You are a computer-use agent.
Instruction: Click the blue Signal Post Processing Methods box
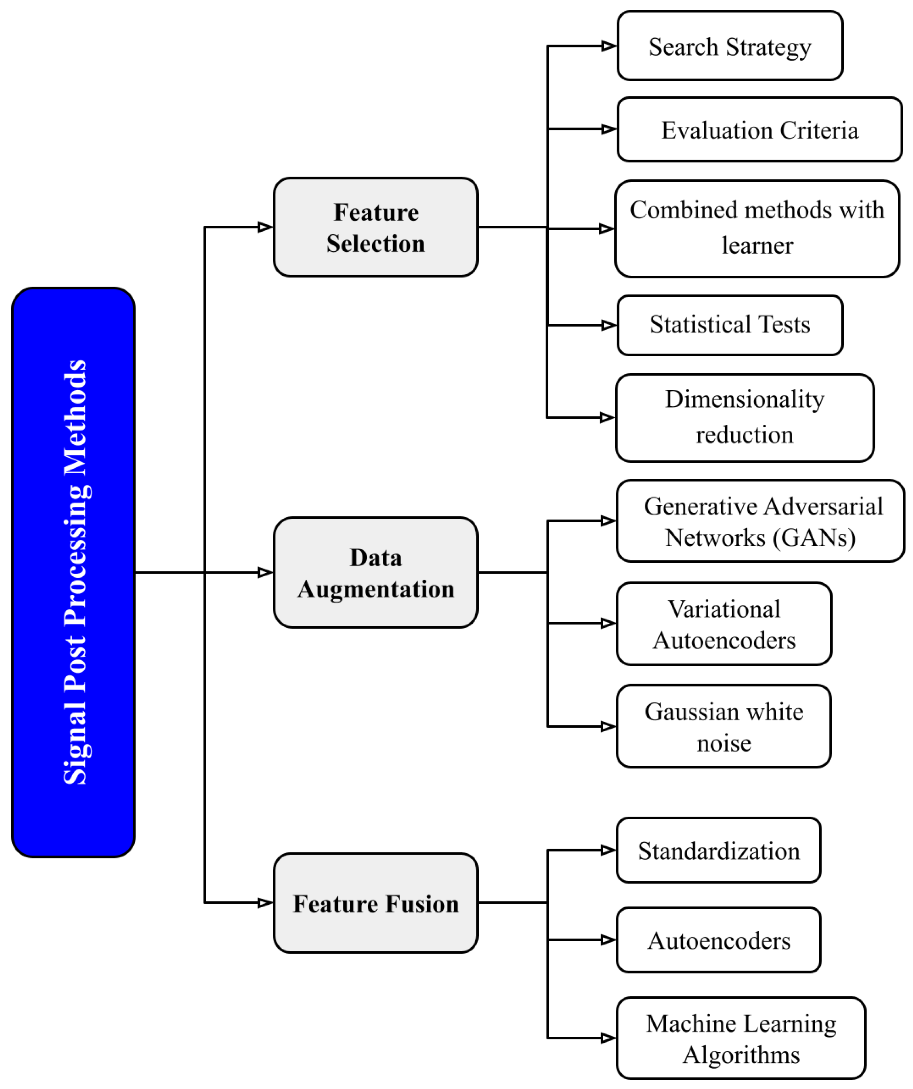(73, 572)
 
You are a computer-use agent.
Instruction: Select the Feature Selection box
(376, 227)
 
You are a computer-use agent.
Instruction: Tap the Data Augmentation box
(376, 573)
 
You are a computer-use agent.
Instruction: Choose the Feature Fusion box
(376, 903)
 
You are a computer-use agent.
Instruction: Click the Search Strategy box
(729, 46)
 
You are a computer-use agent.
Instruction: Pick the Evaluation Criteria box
(759, 130)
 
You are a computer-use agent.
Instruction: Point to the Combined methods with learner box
(757, 229)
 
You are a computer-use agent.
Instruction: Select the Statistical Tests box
(729, 325)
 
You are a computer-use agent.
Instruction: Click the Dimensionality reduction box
(744, 418)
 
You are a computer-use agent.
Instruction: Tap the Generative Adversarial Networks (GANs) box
(760, 521)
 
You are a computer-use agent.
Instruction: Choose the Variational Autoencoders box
(724, 624)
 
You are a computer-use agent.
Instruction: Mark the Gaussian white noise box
(724, 726)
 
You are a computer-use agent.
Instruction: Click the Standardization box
(718, 851)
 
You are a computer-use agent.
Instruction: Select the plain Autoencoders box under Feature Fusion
(718, 940)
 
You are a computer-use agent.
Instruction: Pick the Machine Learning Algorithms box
(741, 1038)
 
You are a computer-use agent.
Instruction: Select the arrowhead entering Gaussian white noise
(608, 726)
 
